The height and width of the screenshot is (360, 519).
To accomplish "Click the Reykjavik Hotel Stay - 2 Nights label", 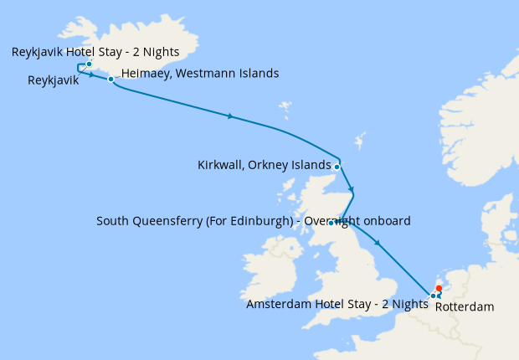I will click(x=95, y=52).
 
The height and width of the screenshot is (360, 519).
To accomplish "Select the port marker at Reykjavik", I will click(x=89, y=64).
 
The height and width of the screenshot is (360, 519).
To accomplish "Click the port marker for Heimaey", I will click(x=110, y=80).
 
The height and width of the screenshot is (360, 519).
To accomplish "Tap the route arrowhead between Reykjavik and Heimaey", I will click(x=90, y=74).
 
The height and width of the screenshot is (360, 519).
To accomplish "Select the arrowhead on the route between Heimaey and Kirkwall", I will click(x=230, y=116).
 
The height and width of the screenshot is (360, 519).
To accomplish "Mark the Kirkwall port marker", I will click(x=337, y=167).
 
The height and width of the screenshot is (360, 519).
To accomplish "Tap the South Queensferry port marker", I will click(x=331, y=223).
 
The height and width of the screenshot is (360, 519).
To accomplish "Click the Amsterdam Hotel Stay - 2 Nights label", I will click(x=337, y=304).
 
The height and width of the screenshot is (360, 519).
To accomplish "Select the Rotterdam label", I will click(x=465, y=306).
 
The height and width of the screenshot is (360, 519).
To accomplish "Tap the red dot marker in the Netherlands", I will click(x=439, y=289).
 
